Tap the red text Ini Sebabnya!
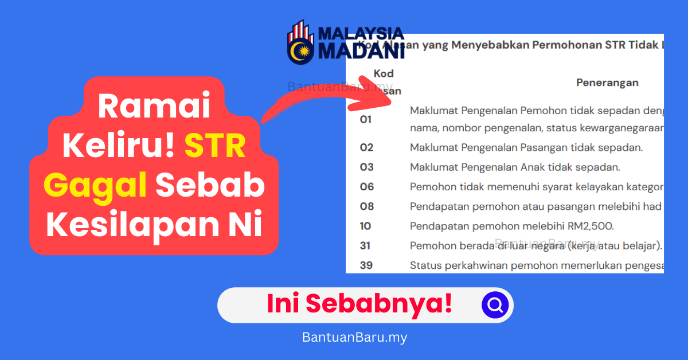pyautogui.click(x=359, y=304)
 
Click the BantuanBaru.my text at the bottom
pyautogui.click(x=354, y=337)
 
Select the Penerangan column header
pyautogui.click(x=607, y=83)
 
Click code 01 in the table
pyautogui.click(x=366, y=119)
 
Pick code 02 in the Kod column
pyautogui.click(x=366, y=148)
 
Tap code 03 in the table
pyautogui.click(x=366, y=167)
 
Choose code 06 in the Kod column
pyautogui.click(x=366, y=187)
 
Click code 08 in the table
pyautogui.click(x=366, y=206)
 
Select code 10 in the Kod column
pyautogui.click(x=365, y=226)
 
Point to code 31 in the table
pyautogui.click(x=365, y=245)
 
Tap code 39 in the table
pyautogui.click(x=366, y=265)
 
